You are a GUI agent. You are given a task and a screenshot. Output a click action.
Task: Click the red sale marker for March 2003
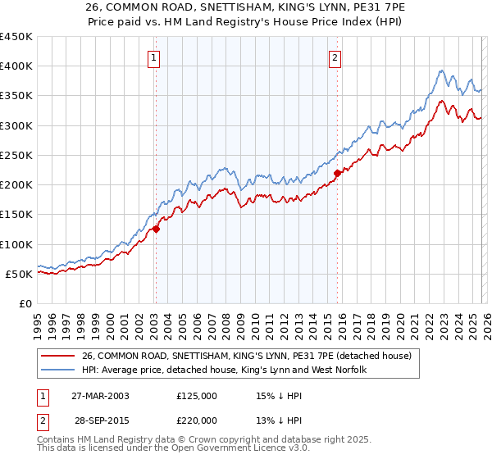(x=156, y=229)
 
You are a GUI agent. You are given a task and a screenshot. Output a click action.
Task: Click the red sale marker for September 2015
(x=337, y=173)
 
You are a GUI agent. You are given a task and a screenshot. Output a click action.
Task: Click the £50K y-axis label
(x=20, y=274)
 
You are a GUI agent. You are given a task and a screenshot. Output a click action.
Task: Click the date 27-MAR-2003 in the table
(x=99, y=396)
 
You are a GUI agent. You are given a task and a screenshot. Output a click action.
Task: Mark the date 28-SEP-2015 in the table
(x=99, y=420)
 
